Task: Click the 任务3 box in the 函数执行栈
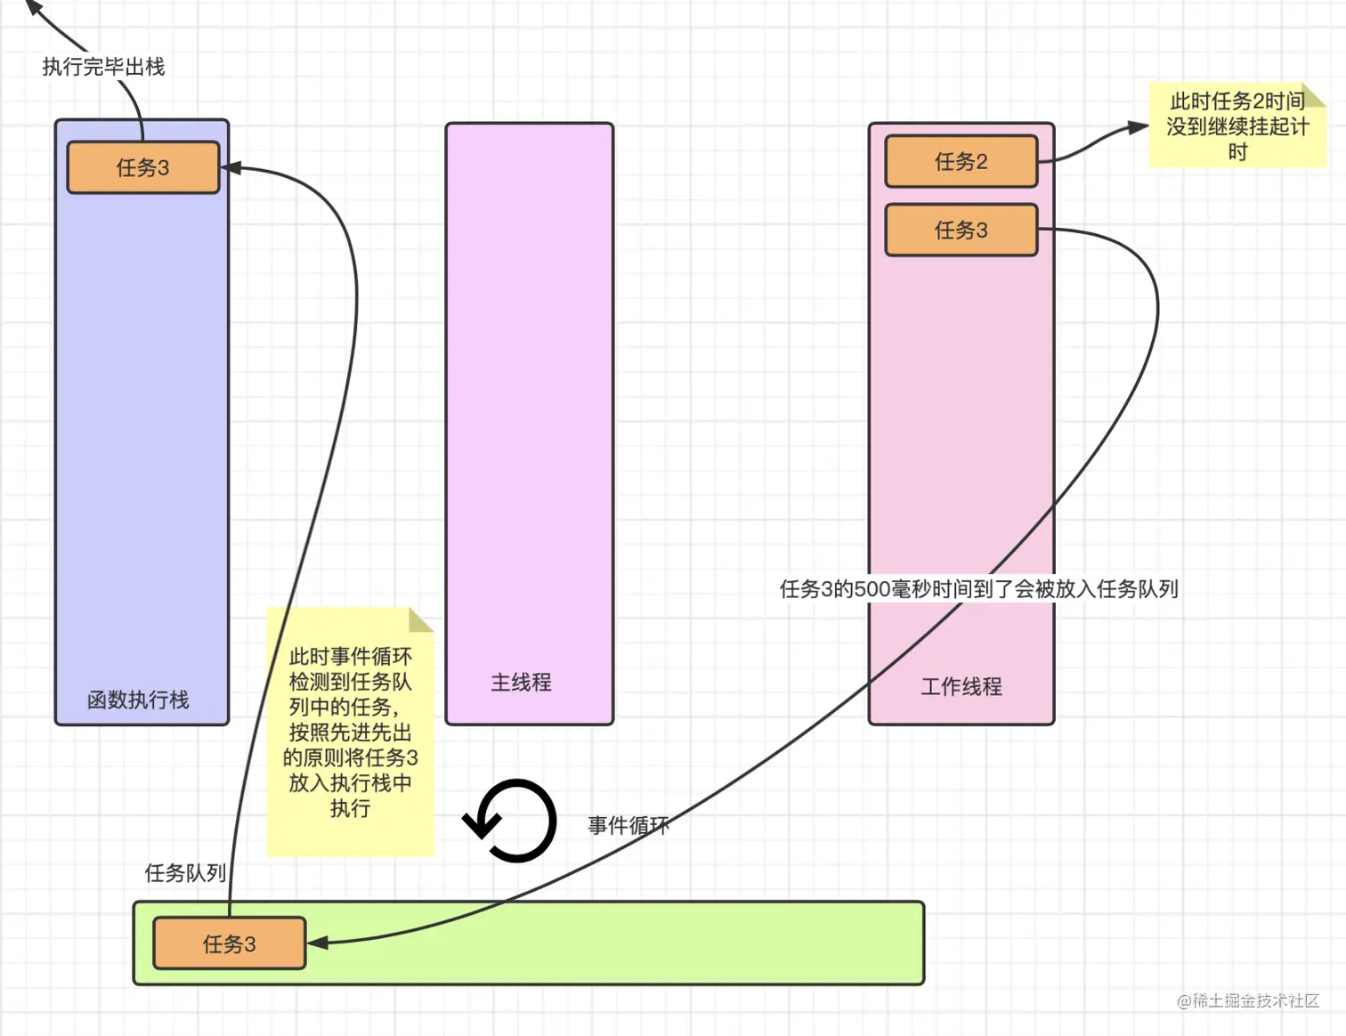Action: (x=143, y=167)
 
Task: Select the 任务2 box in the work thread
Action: (x=961, y=161)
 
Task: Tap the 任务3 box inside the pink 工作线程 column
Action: (x=961, y=230)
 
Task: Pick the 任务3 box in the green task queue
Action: (x=229, y=943)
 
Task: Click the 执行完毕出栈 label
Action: (x=103, y=67)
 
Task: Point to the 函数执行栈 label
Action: (x=138, y=700)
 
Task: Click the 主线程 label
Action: (x=521, y=683)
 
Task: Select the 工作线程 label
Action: (x=961, y=686)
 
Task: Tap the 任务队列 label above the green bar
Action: (x=184, y=873)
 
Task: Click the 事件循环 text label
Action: (x=628, y=825)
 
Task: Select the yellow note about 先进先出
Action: (x=351, y=732)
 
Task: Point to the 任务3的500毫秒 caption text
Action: (x=978, y=589)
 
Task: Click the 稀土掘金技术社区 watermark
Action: (x=1248, y=1000)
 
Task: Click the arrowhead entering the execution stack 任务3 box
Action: (x=231, y=167)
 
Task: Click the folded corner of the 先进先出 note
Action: (x=421, y=619)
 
